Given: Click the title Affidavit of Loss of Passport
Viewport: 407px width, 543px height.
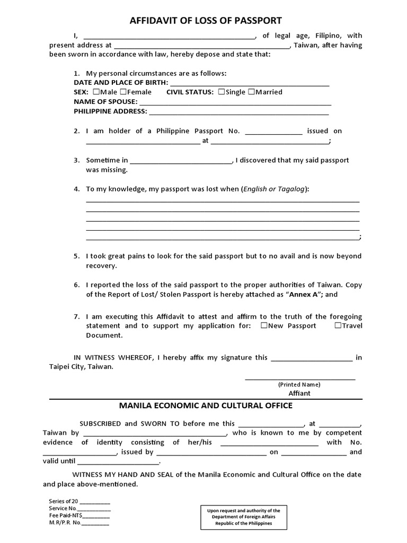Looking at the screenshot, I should coord(206,21).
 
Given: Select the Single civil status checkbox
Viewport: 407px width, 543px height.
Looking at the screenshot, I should coord(221,92).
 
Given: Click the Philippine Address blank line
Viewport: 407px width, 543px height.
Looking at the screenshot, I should coord(239,112).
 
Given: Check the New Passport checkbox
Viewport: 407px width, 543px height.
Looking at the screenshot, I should coord(264,326).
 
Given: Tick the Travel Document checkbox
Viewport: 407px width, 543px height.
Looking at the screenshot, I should coord(338,326).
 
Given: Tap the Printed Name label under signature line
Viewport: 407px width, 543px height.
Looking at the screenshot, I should coord(299,384).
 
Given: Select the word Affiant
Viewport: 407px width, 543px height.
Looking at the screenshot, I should coord(299,393).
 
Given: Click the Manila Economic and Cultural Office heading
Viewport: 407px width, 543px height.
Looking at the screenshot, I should coord(206,406).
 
